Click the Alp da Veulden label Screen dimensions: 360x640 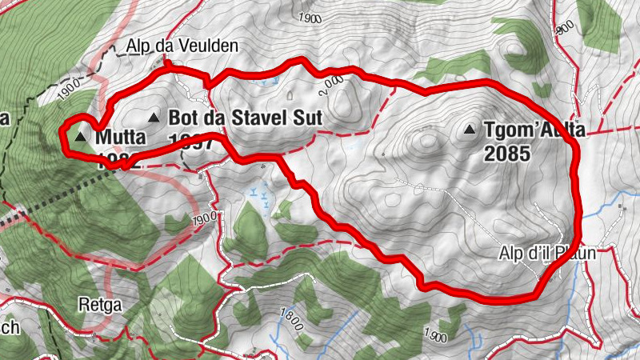pyautogui.click(x=182, y=46)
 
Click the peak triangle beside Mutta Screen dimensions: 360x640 pyautogui.click(x=80, y=138)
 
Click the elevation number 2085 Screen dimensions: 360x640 pyautogui.click(x=507, y=153)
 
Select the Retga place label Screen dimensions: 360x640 pyautogui.click(x=94, y=304)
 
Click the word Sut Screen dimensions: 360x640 pyautogui.click(x=305, y=118)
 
